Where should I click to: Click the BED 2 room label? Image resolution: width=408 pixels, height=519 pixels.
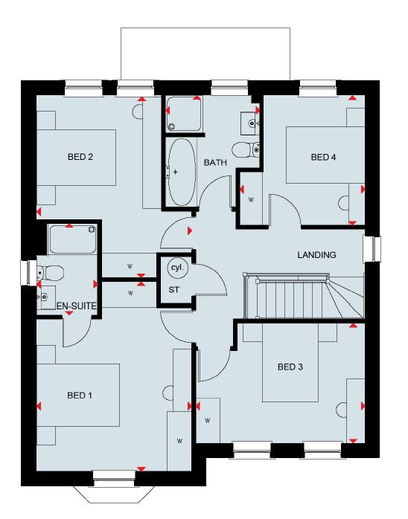coord(80,157)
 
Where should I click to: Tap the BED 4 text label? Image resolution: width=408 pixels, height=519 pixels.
coord(323,157)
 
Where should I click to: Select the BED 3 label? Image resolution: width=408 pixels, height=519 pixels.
coord(290,367)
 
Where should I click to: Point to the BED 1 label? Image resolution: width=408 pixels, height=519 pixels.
coord(80,396)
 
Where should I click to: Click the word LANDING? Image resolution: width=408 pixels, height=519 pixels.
coord(316,255)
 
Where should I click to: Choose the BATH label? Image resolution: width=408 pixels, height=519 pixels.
coord(215,163)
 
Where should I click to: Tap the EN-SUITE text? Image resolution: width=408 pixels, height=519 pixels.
coord(76,306)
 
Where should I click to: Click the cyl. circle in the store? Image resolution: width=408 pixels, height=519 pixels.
coord(177,267)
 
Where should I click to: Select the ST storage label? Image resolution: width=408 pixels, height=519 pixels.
coord(174,290)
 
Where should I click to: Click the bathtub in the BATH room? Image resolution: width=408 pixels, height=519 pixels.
coord(182,172)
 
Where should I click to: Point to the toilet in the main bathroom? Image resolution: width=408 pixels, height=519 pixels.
coord(246,150)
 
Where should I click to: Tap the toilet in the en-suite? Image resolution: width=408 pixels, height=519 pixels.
coord(51,274)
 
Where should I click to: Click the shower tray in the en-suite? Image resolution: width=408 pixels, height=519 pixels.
coord(72,239)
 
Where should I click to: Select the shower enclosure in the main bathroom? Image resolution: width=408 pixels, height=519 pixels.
coord(184,114)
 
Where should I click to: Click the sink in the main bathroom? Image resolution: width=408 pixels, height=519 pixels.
coord(249,123)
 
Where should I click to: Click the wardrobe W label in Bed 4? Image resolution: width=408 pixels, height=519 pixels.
coord(251,199)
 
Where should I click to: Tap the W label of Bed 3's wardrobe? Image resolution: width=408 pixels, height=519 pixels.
coord(208,421)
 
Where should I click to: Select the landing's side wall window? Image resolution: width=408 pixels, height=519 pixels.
coord(372,248)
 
